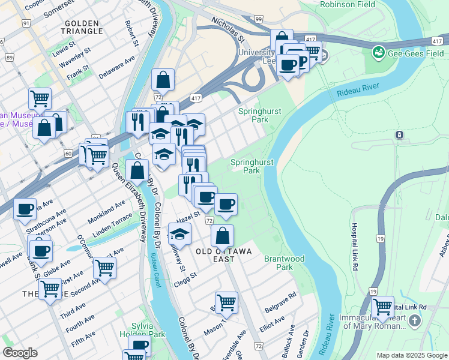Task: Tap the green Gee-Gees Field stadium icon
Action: [378, 53]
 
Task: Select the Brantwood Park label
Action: [285, 263]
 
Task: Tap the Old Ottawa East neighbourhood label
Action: [222, 254]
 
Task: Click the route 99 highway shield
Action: [258, 20]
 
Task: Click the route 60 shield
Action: [68, 154]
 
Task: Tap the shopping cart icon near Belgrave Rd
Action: [226, 302]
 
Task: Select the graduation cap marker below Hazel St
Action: [179, 233]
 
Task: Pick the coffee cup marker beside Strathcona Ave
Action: [25, 209]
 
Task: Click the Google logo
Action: [20, 353]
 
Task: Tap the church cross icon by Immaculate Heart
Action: [414, 322]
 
